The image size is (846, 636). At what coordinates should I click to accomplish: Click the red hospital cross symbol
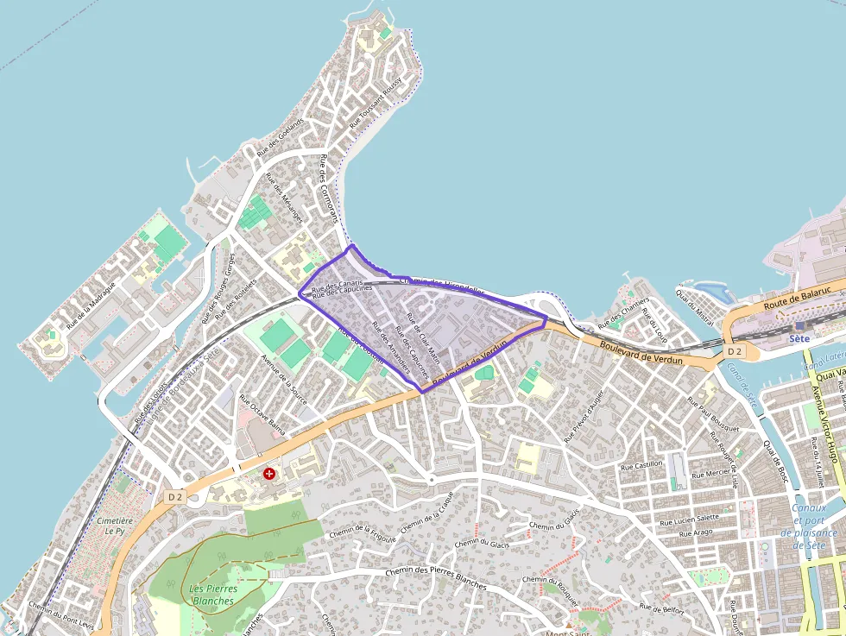click(x=269, y=473)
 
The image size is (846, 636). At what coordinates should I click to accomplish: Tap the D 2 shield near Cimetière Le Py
click(x=175, y=496)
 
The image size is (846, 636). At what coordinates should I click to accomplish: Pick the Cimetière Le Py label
click(x=115, y=526)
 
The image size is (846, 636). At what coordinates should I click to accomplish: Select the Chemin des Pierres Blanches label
click(x=435, y=578)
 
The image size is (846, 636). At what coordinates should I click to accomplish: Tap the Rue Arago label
click(x=696, y=533)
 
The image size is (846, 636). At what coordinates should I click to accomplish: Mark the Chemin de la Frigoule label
click(x=362, y=534)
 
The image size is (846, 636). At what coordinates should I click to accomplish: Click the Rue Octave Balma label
click(x=262, y=413)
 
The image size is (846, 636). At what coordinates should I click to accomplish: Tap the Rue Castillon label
click(x=641, y=465)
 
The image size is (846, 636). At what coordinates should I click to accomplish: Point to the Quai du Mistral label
click(x=696, y=305)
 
